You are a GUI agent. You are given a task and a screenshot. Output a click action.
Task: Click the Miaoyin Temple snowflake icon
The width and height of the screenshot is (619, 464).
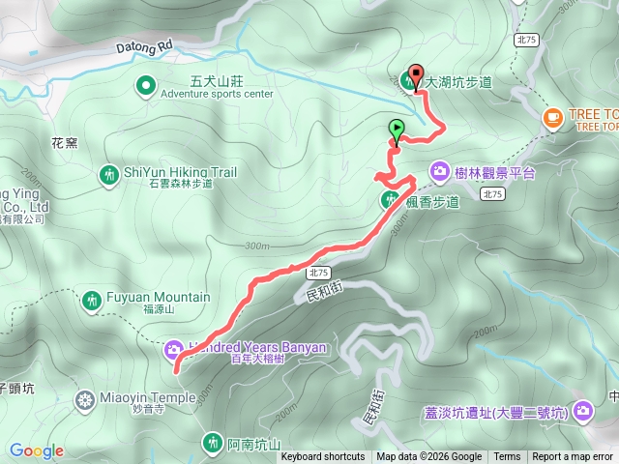(86, 399)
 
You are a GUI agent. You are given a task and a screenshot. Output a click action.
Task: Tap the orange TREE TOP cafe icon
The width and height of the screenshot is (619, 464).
(553, 119)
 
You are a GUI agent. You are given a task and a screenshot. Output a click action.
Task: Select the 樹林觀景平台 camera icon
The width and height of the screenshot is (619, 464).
(440, 172)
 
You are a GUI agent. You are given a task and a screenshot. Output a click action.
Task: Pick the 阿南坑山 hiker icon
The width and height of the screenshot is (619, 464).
(213, 444)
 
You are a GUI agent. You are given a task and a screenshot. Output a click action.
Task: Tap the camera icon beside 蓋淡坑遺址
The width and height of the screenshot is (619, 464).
(582, 412)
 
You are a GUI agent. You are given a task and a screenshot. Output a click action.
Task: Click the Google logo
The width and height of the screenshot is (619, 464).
(37, 450)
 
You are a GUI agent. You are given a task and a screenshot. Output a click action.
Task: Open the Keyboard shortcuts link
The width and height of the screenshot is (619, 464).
(323, 457)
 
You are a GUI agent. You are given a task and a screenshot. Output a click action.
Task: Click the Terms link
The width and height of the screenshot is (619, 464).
(507, 457)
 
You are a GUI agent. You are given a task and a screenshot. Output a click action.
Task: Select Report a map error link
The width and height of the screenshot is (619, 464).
(574, 457)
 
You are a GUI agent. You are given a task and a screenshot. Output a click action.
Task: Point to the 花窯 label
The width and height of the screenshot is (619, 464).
(64, 142)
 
